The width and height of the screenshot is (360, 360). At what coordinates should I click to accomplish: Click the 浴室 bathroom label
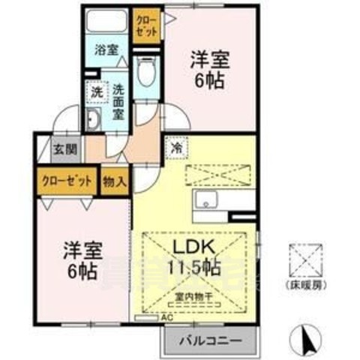coord(106,50)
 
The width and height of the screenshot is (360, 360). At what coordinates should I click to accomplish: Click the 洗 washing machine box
coord(96,91)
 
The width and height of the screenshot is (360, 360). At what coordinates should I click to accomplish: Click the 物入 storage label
coord(115,181)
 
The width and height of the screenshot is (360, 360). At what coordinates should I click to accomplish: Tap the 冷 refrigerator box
coord(176,148)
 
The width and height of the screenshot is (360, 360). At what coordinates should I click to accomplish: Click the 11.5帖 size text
coord(196,267)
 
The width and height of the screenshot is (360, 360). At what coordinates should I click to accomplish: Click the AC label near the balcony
coord(169,317)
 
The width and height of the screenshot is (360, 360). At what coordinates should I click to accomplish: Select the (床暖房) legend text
coord(307,286)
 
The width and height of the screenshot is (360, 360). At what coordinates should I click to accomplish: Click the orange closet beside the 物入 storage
coord(66,181)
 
